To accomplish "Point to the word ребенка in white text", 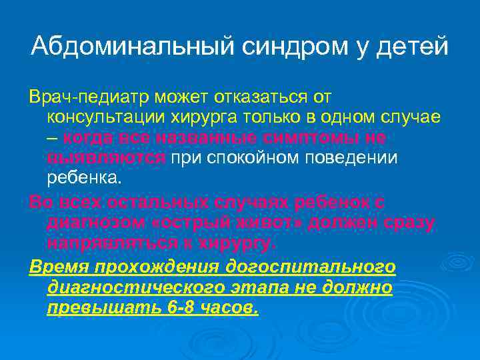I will [85, 178].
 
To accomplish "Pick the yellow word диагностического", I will [143, 288].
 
